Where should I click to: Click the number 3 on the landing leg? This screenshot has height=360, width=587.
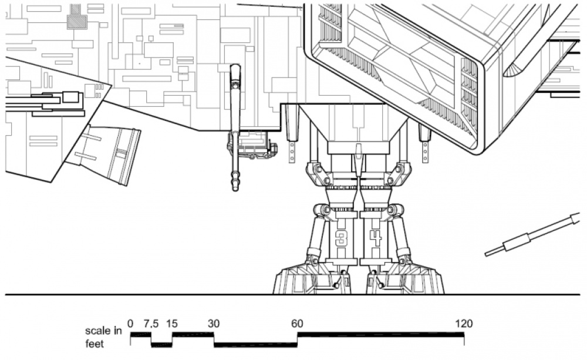(x=340, y=238)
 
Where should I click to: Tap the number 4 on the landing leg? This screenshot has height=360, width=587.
(x=376, y=238)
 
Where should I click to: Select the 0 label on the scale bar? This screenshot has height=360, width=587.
(x=130, y=324)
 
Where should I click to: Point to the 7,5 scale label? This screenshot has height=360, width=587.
(x=151, y=324)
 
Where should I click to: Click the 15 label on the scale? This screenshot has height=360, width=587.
(x=172, y=324)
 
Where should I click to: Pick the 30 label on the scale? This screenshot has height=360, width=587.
(x=214, y=324)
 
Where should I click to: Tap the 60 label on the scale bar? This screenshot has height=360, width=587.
(x=297, y=324)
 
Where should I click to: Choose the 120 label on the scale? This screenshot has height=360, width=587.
(x=464, y=324)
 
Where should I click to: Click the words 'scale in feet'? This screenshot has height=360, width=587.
(x=104, y=337)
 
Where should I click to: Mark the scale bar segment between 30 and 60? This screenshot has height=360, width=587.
(x=256, y=345)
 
